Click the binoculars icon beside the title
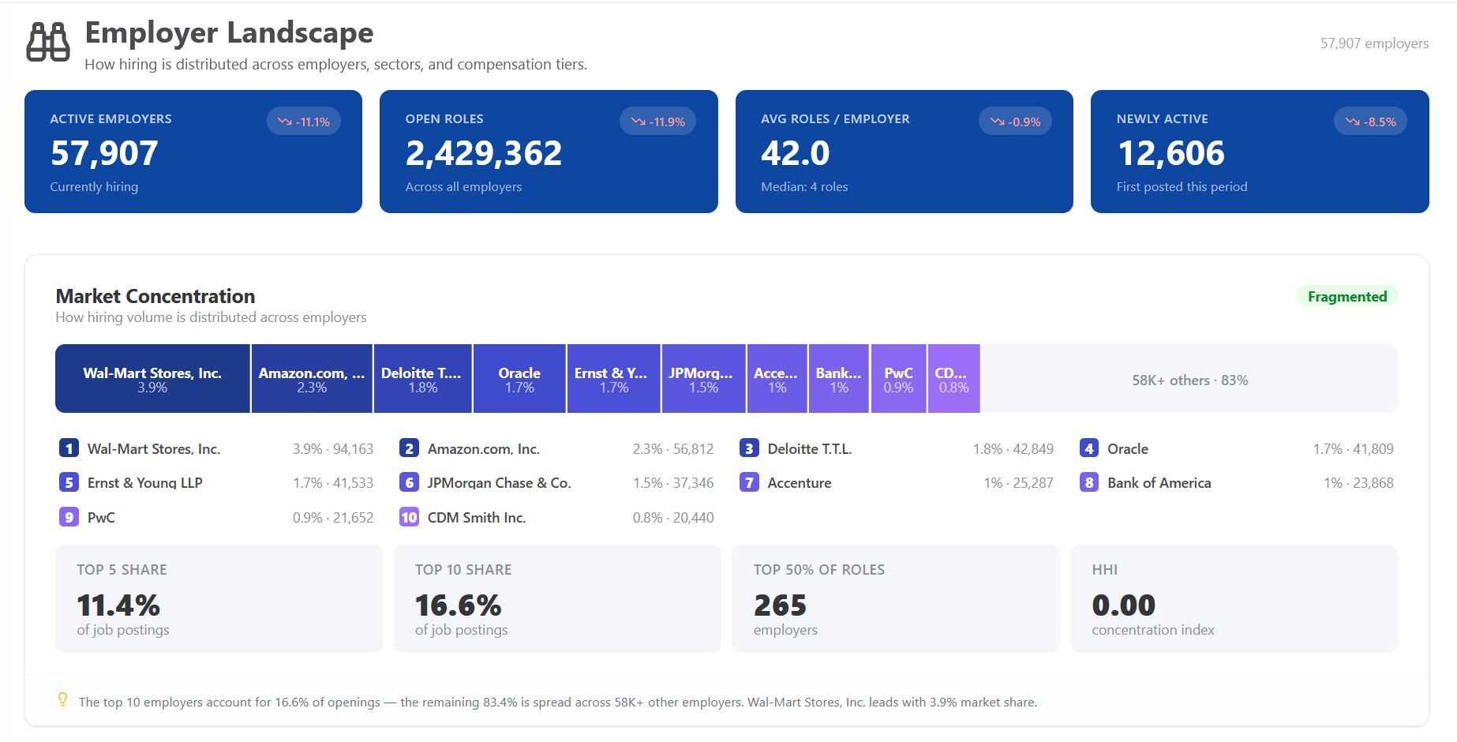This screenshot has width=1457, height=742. (x=48, y=42)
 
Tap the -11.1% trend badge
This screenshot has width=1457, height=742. (x=304, y=122)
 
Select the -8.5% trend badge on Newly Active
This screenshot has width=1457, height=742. (x=1370, y=122)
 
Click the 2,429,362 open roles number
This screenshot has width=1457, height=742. (x=484, y=153)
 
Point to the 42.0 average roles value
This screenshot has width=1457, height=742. (x=796, y=153)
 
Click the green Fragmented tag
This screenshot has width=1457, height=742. (x=1347, y=297)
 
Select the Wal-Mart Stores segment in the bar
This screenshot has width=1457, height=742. (x=152, y=379)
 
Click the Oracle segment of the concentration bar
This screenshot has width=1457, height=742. (x=519, y=379)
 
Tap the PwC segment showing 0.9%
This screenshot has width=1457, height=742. (x=898, y=379)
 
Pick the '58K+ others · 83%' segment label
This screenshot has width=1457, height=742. (x=1190, y=380)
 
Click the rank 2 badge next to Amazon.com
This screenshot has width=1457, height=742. (x=409, y=448)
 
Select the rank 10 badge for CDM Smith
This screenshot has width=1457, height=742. (x=409, y=517)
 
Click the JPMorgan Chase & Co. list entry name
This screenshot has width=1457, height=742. (x=499, y=483)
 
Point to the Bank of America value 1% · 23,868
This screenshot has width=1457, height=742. (x=1358, y=483)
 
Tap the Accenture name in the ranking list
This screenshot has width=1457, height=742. (x=800, y=483)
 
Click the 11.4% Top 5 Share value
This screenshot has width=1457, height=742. (x=118, y=605)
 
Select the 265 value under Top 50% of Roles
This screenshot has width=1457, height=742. (x=780, y=605)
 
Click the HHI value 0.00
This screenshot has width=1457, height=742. (x=1123, y=605)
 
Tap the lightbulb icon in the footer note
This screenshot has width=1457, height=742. (x=63, y=699)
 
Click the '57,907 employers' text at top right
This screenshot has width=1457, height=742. (x=1374, y=43)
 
